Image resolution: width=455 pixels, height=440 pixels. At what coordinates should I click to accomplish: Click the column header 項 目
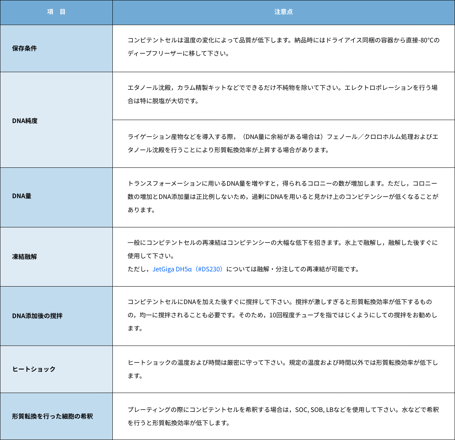[x=56, y=12]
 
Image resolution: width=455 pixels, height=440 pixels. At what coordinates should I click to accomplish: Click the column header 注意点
[x=283, y=12]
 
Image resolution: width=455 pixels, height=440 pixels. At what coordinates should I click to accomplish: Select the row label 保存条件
[x=24, y=48]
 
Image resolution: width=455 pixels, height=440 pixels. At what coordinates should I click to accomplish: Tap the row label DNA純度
[x=24, y=121]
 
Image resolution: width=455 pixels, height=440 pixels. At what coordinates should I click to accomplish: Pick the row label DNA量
[x=21, y=196]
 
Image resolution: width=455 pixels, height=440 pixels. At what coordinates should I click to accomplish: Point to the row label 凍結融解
[x=24, y=257]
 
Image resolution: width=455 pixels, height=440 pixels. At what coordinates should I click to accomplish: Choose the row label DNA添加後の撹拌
[x=37, y=316]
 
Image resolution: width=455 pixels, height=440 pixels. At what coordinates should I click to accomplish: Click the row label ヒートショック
[x=34, y=369]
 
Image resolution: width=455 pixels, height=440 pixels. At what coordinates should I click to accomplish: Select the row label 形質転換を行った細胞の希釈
[x=52, y=416]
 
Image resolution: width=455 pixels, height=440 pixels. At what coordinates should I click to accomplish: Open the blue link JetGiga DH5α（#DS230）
[x=189, y=269]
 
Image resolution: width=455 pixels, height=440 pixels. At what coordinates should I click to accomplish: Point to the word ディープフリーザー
[x=155, y=53]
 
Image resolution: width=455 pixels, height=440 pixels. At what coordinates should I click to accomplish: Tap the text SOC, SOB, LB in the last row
[x=314, y=410]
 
